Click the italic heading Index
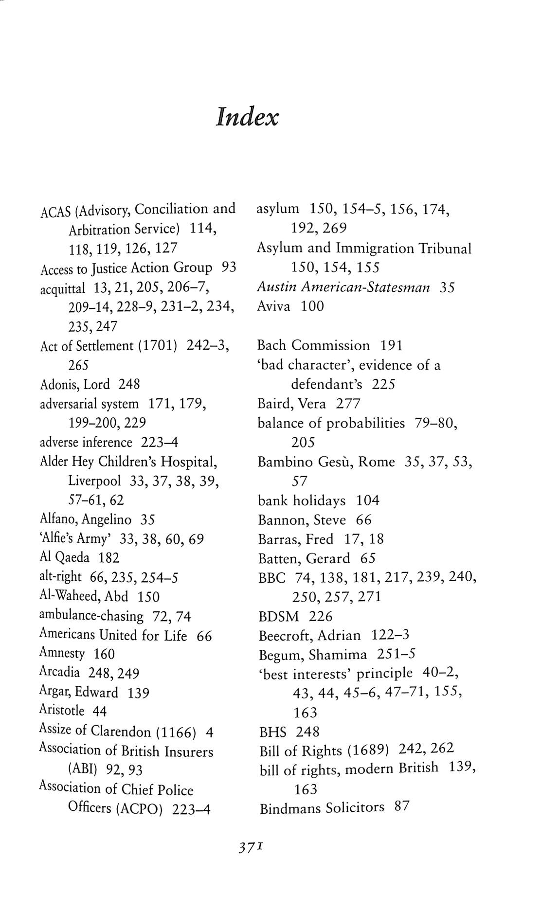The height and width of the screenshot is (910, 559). coord(247,118)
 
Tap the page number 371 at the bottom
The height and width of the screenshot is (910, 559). coord(251,848)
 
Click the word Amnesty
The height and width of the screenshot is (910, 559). coord(62,653)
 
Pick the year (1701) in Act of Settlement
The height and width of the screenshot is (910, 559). coord(157,346)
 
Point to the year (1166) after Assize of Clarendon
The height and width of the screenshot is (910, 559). coord(176,732)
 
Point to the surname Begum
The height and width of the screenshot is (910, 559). coord(280,655)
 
